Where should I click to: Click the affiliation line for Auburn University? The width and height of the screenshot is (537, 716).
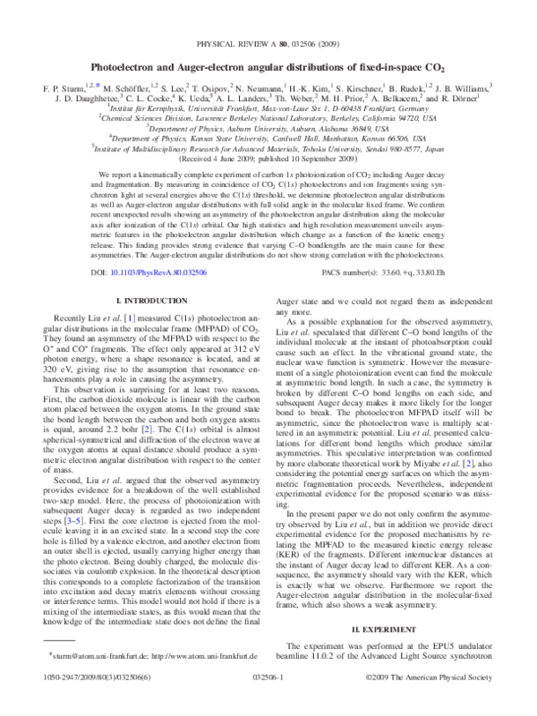click(x=268, y=127)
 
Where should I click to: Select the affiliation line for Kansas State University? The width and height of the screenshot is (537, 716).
click(x=268, y=139)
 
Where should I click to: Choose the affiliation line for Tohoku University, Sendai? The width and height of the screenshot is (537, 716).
click(x=268, y=149)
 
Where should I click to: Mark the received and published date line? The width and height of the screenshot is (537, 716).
click(x=268, y=159)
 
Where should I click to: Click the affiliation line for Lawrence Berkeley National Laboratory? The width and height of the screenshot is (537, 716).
click(x=268, y=116)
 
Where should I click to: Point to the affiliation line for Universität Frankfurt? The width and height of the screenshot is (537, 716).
click(x=268, y=107)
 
